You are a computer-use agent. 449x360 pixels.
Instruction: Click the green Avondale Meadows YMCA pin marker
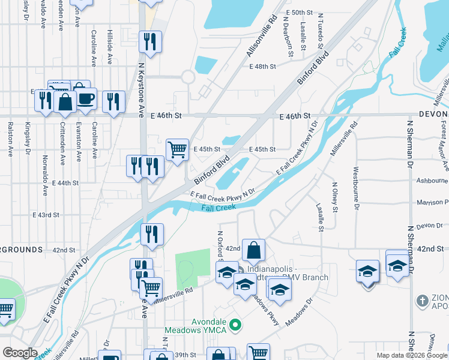coord(236,325)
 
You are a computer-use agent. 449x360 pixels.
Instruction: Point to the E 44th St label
coord(65,182)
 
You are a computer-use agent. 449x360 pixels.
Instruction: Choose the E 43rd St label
coord(46,214)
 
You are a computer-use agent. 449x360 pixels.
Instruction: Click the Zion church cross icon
coord(423,299)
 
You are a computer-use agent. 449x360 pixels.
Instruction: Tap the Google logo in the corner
coord(20,353)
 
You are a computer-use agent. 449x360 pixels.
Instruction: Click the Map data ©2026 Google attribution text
coord(412,355)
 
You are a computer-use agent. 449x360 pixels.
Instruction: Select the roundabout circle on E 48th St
coord(188,77)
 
